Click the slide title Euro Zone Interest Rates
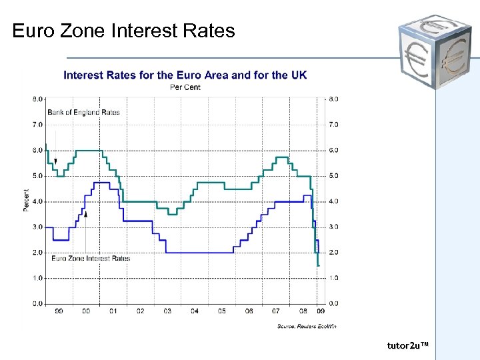tap(123, 31)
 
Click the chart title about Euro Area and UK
tap(185, 75)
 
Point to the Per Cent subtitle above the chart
tap(185, 87)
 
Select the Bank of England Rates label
tap(83, 112)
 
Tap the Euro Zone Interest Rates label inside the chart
tap(90, 258)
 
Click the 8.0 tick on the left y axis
tap(37, 99)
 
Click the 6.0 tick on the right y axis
tap(333, 151)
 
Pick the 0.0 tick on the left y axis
tap(37, 304)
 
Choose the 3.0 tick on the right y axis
tap(333, 227)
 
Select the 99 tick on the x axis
tap(59, 311)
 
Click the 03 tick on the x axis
tap(167, 311)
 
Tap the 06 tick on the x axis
tap(249, 311)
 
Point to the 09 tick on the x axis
tap(321, 311)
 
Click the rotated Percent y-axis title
tap(27, 201)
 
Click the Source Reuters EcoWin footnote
tap(307, 326)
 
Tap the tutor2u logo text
tap(407, 345)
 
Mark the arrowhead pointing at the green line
tap(56, 161)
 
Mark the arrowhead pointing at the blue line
tap(86, 213)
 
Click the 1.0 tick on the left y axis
tap(37, 278)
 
